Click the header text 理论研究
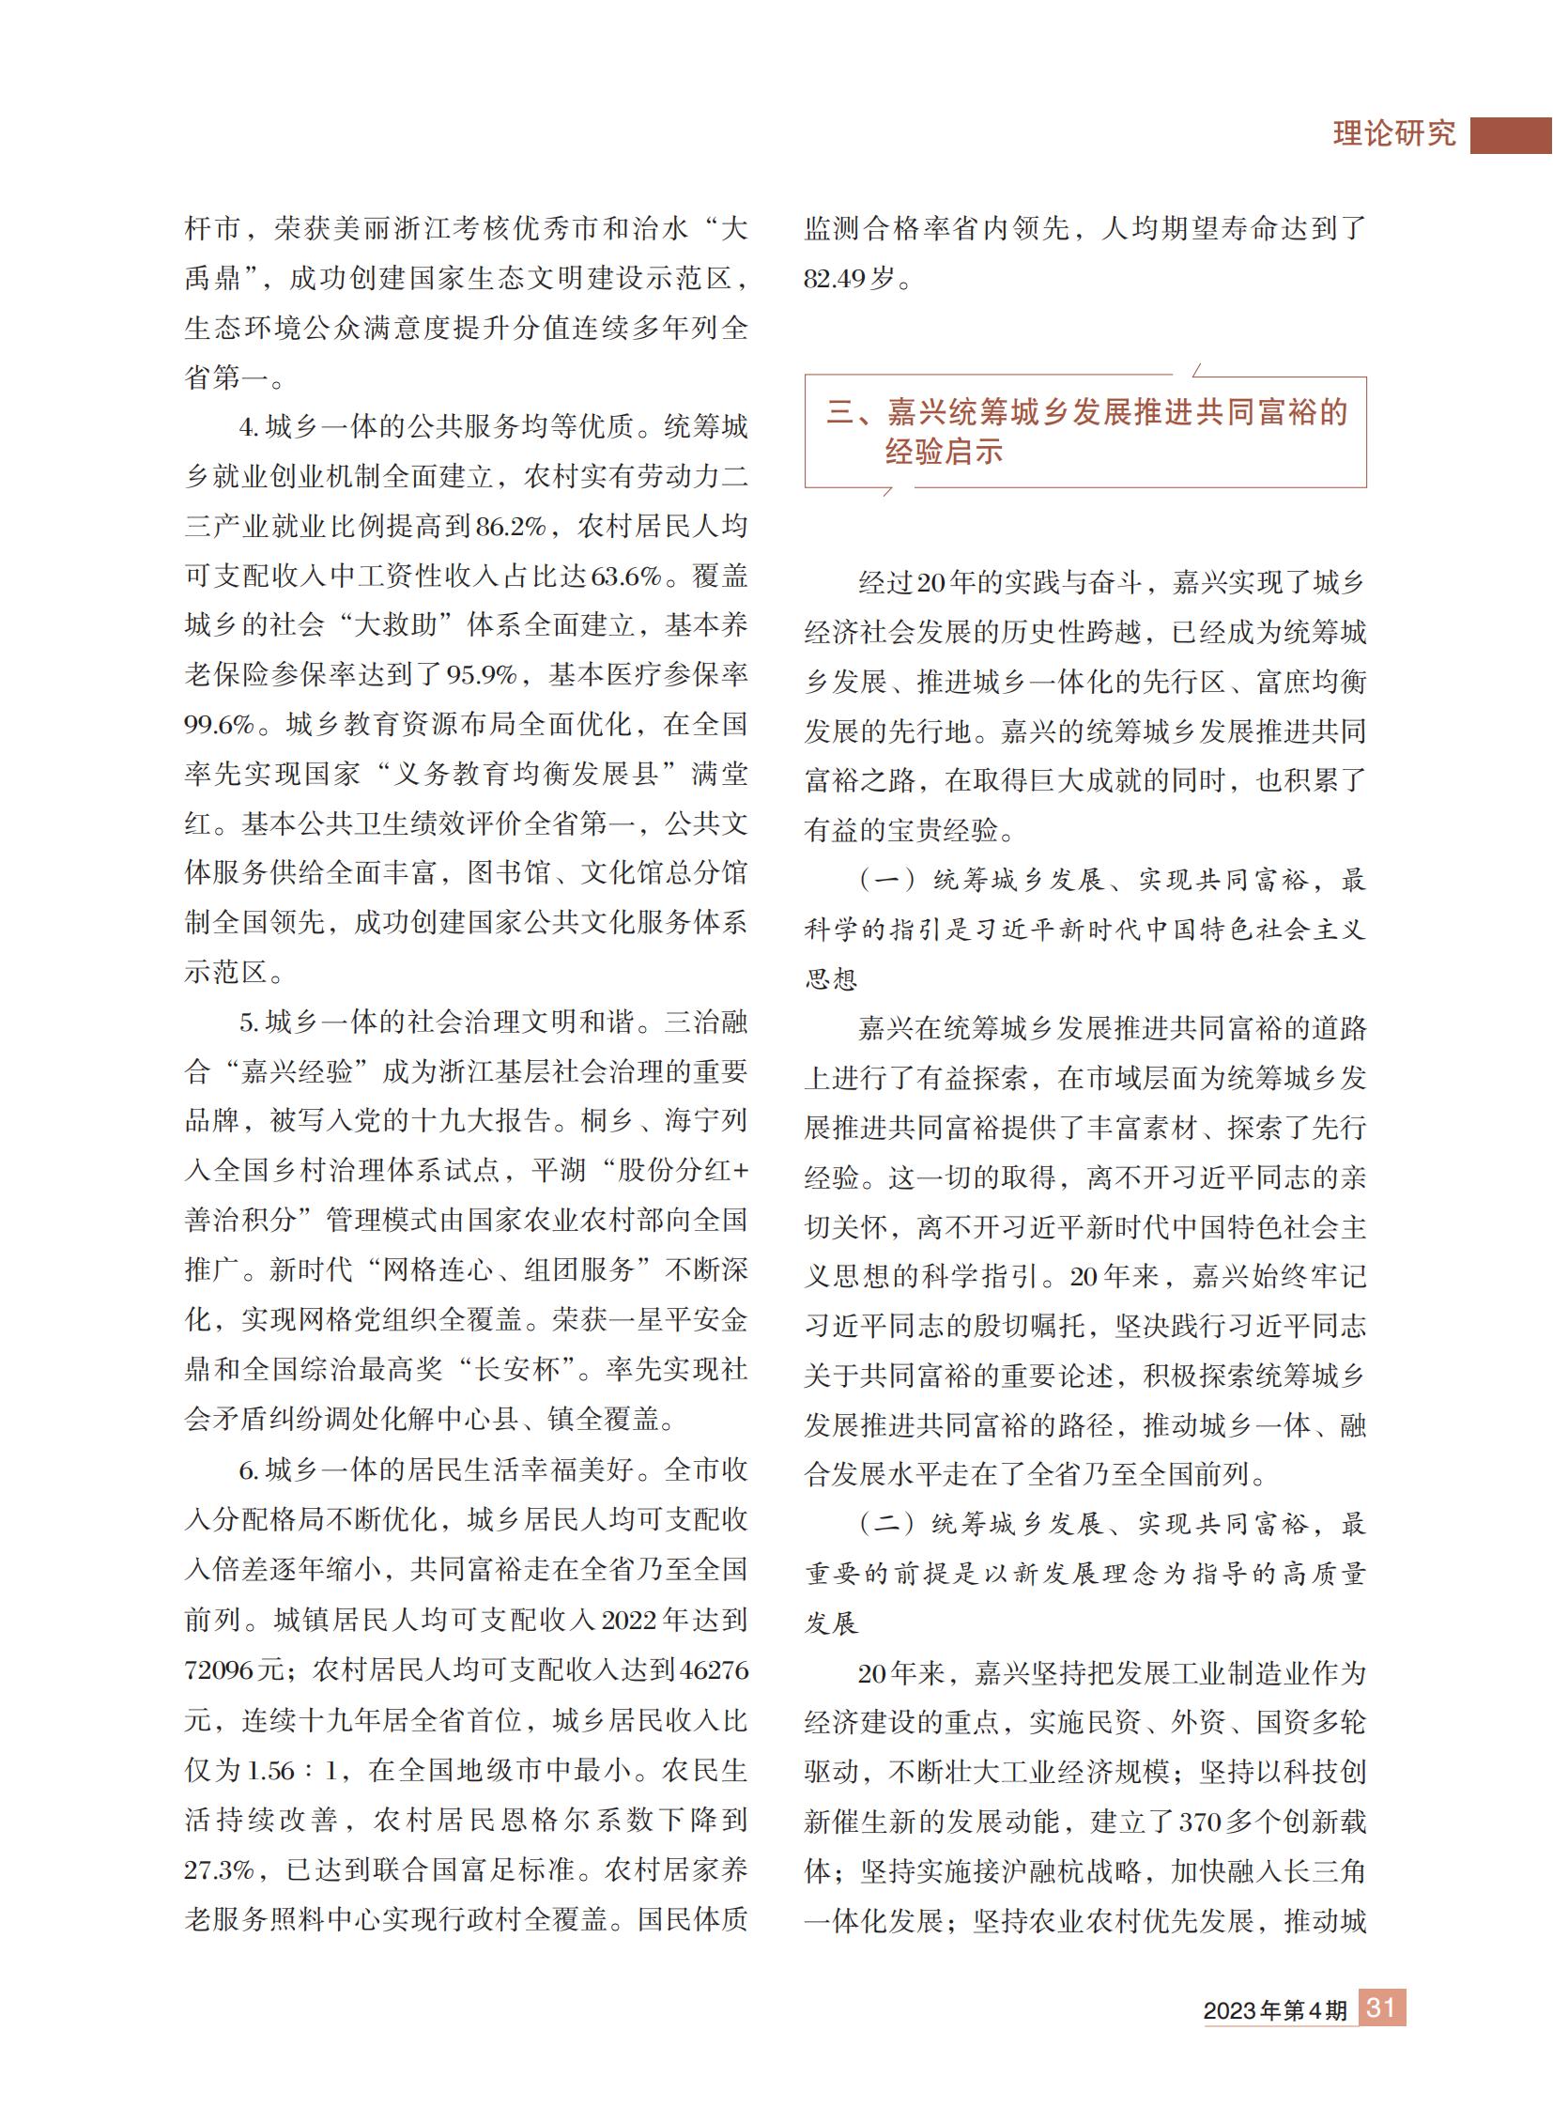tap(1394, 133)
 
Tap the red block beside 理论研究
tap(1511, 135)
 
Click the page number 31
tap(1381, 2007)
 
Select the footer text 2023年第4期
tap(1275, 2010)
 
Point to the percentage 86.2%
tap(511, 527)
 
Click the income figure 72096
tap(220, 1670)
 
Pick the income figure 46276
tap(714, 1670)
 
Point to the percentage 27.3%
tap(219, 1869)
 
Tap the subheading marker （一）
tap(886, 880)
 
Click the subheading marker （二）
tap(886, 1524)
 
